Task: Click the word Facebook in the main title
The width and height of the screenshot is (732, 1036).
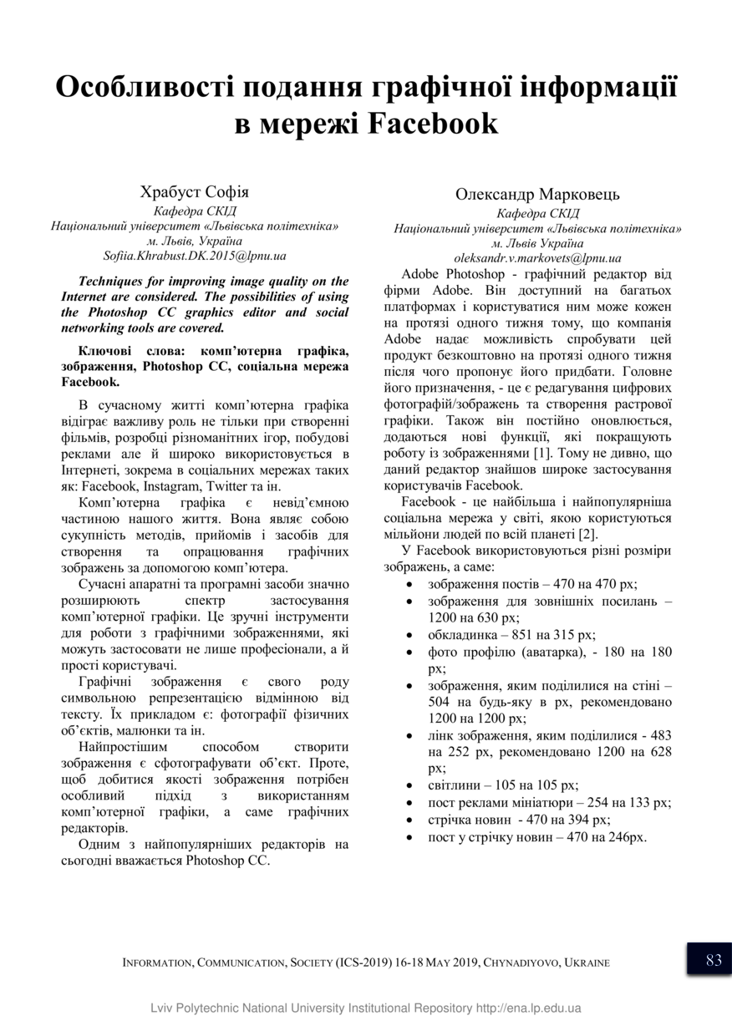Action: [x=433, y=124]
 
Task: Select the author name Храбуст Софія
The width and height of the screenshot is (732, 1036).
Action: [x=194, y=191]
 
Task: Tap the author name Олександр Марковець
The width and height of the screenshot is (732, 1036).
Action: [x=537, y=195]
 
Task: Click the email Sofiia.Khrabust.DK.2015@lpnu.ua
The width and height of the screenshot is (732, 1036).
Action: [x=195, y=256]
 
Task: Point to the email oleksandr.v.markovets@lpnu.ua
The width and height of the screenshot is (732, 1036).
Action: [x=537, y=259]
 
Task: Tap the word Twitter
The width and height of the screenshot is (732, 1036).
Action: [x=225, y=485]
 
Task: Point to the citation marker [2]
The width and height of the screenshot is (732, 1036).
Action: [x=587, y=534]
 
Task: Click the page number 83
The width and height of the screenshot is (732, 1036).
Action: [x=713, y=960]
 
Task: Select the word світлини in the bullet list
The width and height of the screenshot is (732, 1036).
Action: [x=455, y=785]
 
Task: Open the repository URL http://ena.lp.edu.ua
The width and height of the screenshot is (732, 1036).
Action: [x=528, y=1008]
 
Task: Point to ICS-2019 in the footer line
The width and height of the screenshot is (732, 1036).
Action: [x=363, y=962]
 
